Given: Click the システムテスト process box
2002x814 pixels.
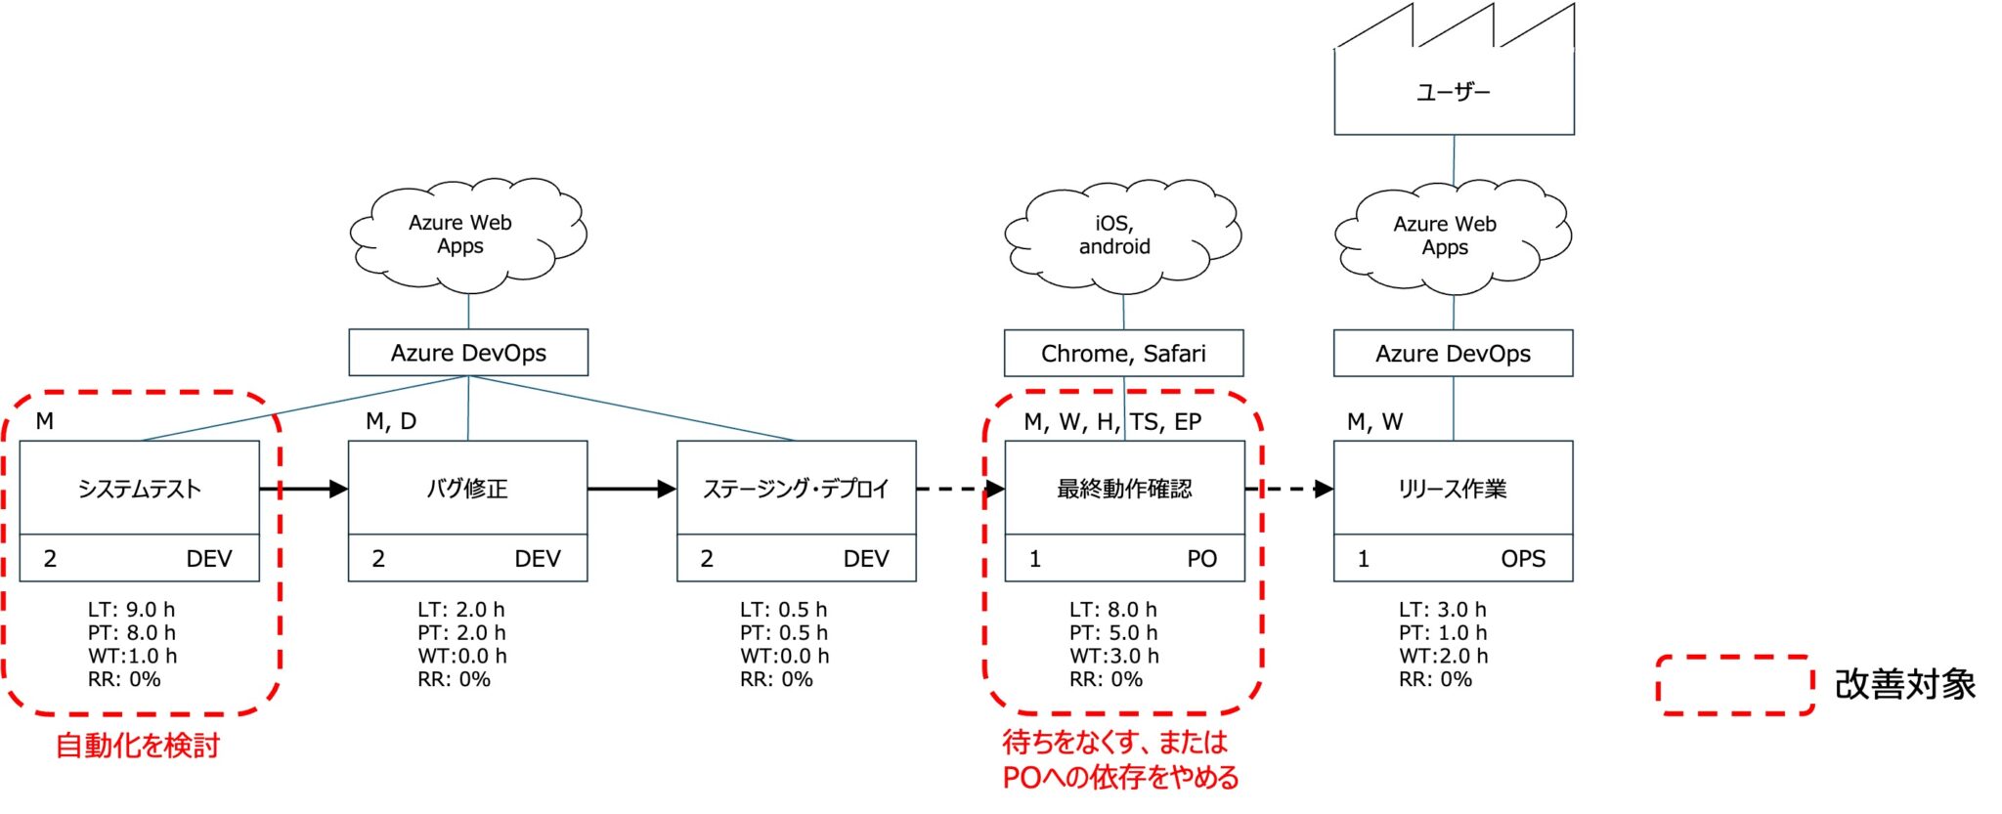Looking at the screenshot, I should pyautogui.click(x=139, y=489).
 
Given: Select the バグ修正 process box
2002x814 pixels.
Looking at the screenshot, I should pyautogui.click(x=467, y=489).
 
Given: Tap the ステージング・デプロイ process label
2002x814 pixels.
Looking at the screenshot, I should pyautogui.click(x=796, y=489).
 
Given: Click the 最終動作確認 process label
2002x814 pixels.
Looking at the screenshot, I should pyautogui.click(x=1124, y=489).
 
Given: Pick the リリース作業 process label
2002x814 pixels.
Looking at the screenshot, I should pyautogui.click(x=1453, y=489).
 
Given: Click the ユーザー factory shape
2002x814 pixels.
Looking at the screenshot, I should pyautogui.click(x=1454, y=91).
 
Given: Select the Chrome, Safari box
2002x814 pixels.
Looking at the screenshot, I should pyautogui.click(x=1123, y=354).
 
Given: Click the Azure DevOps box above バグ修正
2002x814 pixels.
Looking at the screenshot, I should pyautogui.click(x=468, y=353).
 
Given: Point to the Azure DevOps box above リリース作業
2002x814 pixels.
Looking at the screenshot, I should pyautogui.click(x=1453, y=354).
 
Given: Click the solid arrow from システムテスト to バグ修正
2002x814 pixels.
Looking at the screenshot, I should pyautogui.click(x=303, y=489).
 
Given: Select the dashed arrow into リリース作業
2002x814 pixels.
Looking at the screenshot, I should pyautogui.click(x=1289, y=489).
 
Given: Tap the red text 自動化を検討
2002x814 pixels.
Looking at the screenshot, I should pyautogui.click(x=138, y=746).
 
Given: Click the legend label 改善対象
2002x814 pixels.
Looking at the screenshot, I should pyautogui.click(x=1905, y=685).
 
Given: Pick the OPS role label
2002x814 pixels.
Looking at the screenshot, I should pyautogui.click(x=1523, y=559).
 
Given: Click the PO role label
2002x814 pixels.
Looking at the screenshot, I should pyautogui.click(x=1201, y=559).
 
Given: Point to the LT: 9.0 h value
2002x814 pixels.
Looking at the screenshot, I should pyautogui.click(x=131, y=610).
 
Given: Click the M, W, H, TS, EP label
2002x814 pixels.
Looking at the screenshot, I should pyautogui.click(x=1112, y=422).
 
